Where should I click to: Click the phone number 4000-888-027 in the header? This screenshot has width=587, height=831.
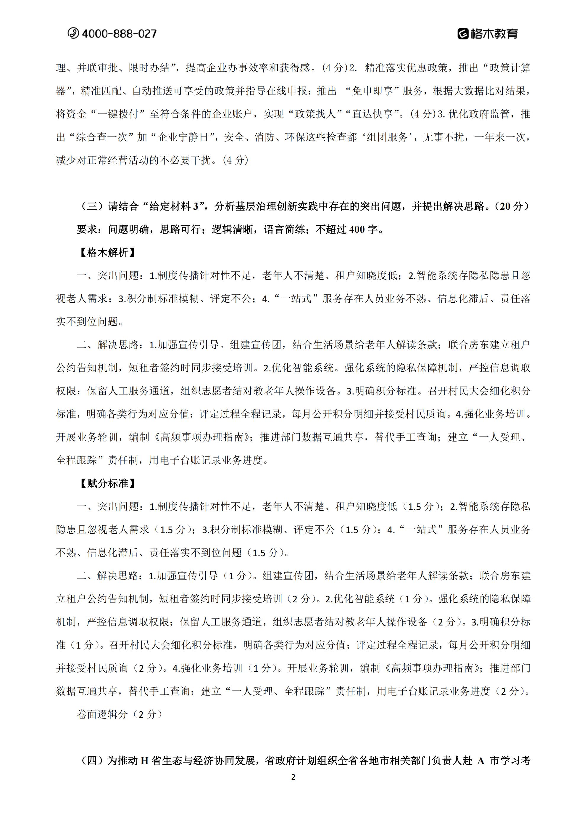(x=119, y=34)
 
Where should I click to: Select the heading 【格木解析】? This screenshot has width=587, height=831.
(x=107, y=252)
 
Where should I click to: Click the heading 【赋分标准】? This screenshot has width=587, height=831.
(x=107, y=484)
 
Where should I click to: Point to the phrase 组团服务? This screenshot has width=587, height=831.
(x=387, y=137)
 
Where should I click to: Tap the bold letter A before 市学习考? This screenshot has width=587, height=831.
(x=481, y=761)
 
